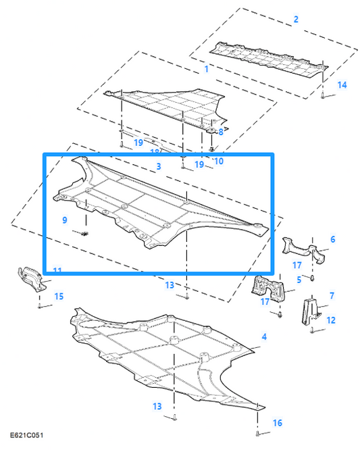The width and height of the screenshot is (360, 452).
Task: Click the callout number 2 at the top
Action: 296,19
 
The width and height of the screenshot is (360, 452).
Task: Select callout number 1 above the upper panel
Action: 207,69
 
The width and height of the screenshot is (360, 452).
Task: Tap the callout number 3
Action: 157,166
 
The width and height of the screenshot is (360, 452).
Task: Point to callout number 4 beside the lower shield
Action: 264,336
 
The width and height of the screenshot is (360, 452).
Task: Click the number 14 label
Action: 342,84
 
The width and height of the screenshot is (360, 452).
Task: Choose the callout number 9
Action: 65,220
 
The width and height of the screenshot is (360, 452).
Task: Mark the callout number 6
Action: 332,239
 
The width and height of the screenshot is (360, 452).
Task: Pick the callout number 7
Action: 332,296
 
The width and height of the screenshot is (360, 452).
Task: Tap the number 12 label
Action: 330,320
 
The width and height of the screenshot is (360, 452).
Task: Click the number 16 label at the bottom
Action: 277,423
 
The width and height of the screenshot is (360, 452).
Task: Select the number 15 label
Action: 59,296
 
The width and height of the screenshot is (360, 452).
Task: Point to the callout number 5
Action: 299,279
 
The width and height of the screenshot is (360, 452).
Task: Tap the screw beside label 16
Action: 259,432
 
